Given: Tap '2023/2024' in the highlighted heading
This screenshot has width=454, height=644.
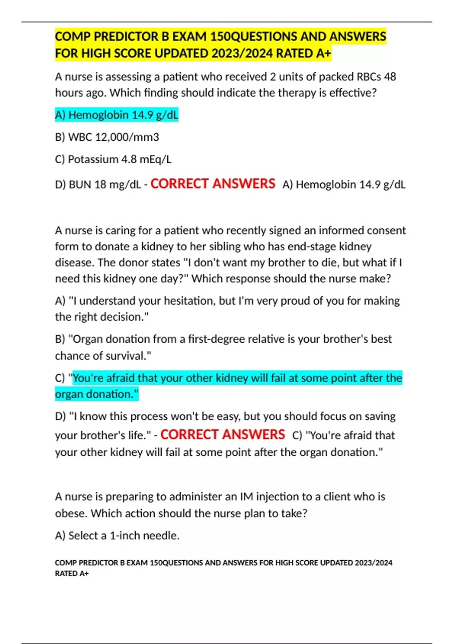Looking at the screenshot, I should [242, 53].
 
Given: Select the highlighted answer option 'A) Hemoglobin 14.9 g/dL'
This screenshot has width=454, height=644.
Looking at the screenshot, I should [117, 115].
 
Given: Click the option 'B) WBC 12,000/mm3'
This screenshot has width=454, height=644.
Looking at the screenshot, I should [107, 137].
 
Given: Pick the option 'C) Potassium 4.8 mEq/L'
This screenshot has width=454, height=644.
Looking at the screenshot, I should [113, 159].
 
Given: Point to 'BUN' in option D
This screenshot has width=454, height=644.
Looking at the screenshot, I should [80, 185].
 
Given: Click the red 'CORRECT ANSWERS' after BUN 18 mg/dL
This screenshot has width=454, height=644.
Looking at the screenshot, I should [213, 184].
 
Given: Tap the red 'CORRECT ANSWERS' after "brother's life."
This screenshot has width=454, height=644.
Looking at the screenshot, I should [222, 435].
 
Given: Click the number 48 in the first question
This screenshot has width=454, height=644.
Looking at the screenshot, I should [390, 77].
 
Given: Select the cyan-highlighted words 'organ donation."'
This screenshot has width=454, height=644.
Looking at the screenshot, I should [97, 394].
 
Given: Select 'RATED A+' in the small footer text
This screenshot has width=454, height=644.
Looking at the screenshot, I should [72, 574].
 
